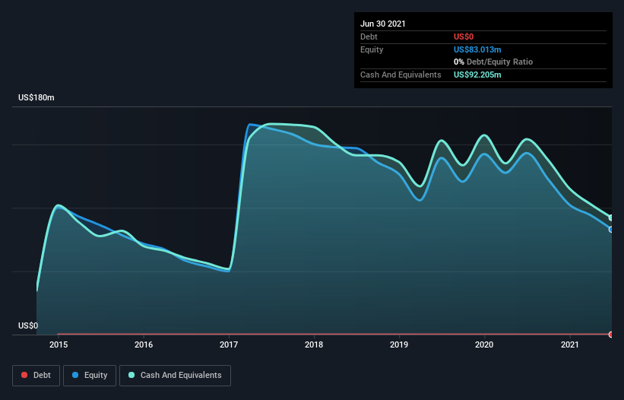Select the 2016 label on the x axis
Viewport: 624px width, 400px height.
[x=144, y=344]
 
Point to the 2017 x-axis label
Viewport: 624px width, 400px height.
[x=229, y=344]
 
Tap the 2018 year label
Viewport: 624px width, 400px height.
[x=314, y=344]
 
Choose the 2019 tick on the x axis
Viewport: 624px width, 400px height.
[x=399, y=344]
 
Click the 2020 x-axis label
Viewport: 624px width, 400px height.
[x=484, y=344]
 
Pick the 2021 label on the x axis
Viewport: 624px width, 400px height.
[x=569, y=344]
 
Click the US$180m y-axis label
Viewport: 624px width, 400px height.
[x=37, y=98]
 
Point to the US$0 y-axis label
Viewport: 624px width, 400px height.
[x=28, y=325]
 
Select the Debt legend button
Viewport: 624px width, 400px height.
[x=35, y=375]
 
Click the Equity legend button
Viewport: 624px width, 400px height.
[x=90, y=375]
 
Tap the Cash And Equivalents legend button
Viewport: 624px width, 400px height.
[x=175, y=375]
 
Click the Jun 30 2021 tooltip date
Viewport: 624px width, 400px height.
[x=383, y=24]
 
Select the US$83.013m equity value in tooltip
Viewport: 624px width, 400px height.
[x=477, y=49]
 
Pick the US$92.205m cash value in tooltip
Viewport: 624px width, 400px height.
[x=477, y=75]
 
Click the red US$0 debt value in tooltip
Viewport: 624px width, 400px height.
[x=464, y=37]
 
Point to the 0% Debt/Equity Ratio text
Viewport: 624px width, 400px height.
[x=493, y=62]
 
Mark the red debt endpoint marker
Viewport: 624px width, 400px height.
[x=611, y=334]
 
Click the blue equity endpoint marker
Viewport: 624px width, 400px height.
[x=611, y=229]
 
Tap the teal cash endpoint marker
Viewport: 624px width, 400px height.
[x=611, y=217]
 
